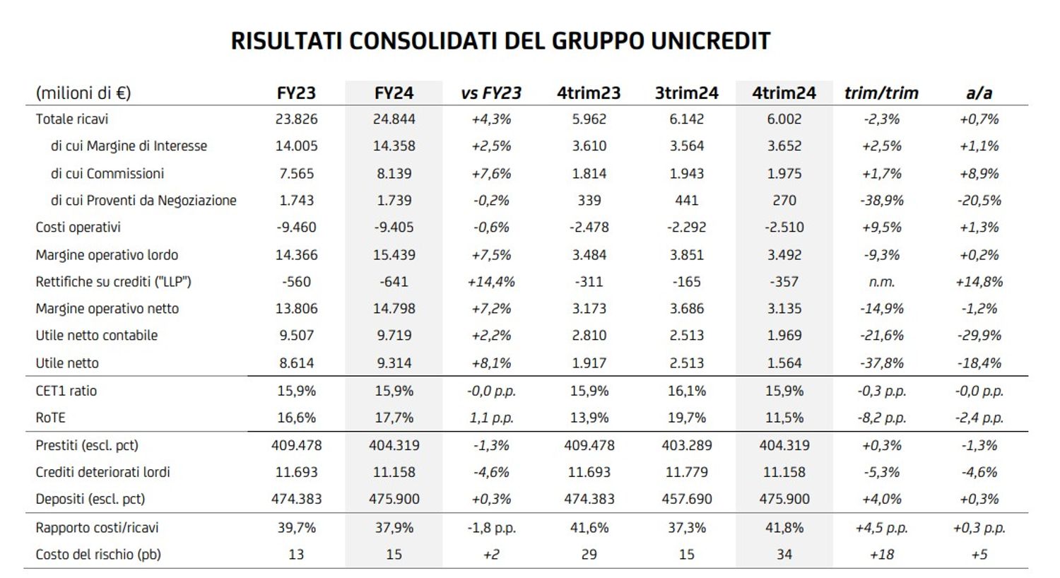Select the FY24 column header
394,93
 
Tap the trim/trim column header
881,93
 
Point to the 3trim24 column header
686,93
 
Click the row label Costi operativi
78,228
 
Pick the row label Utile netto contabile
97,336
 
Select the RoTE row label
50,418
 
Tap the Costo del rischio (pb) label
98,555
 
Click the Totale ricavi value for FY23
296,119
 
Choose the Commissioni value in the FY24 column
394,174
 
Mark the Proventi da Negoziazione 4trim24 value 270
784,201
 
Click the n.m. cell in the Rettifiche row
881,282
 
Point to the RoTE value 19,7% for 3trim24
686,418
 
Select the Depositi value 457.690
686,500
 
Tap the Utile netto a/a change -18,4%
979,363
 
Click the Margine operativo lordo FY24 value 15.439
394,255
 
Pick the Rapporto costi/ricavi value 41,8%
784,528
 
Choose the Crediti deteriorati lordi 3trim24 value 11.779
686,472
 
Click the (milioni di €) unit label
83,93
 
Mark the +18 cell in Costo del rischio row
881,555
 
